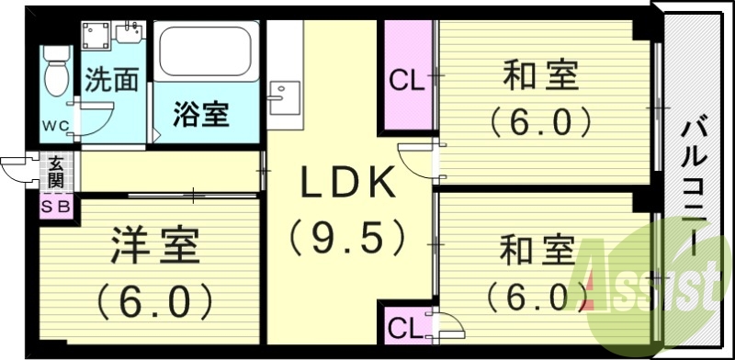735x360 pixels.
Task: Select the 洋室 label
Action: click(x=154, y=248)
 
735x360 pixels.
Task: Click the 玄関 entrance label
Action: click(x=56, y=172)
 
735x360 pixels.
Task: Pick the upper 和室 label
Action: click(x=541, y=75)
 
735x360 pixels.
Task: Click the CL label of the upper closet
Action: click(x=406, y=81)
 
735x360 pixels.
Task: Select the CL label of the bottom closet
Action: click(x=404, y=327)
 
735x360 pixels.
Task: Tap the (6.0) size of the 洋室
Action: click(x=153, y=299)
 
